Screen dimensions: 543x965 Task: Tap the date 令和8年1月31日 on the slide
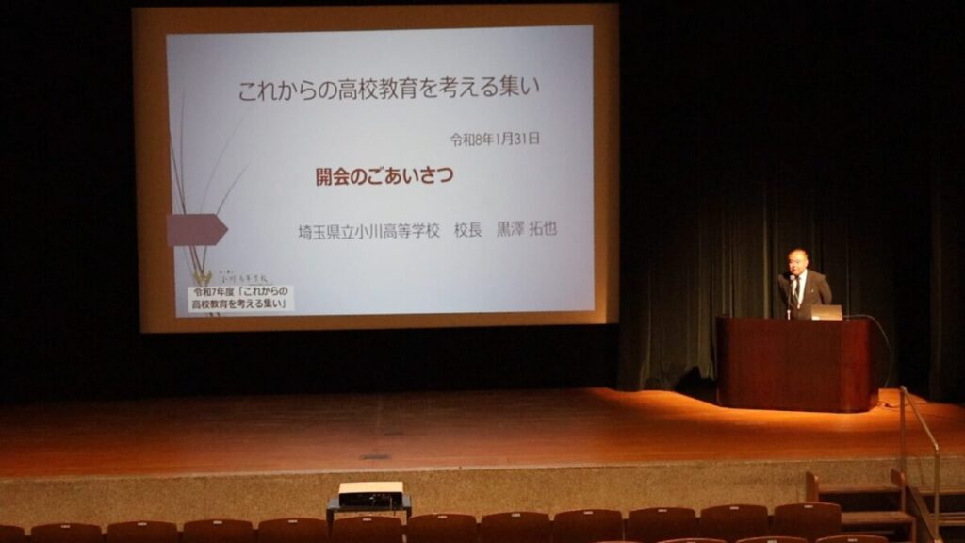(x=495, y=140)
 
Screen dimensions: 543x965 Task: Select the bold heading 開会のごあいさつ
(x=384, y=176)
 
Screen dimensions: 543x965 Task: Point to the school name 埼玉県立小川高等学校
(x=368, y=231)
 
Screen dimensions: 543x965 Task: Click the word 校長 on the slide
(x=467, y=231)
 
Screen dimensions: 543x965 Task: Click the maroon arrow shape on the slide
(x=196, y=229)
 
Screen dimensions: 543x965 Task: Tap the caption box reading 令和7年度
(x=240, y=299)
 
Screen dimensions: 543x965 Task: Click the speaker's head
(x=797, y=260)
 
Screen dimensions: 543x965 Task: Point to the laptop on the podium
(x=825, y=312)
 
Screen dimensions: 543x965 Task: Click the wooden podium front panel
(x=792, y=364)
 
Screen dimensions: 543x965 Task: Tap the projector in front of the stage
(x=369, y=495)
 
